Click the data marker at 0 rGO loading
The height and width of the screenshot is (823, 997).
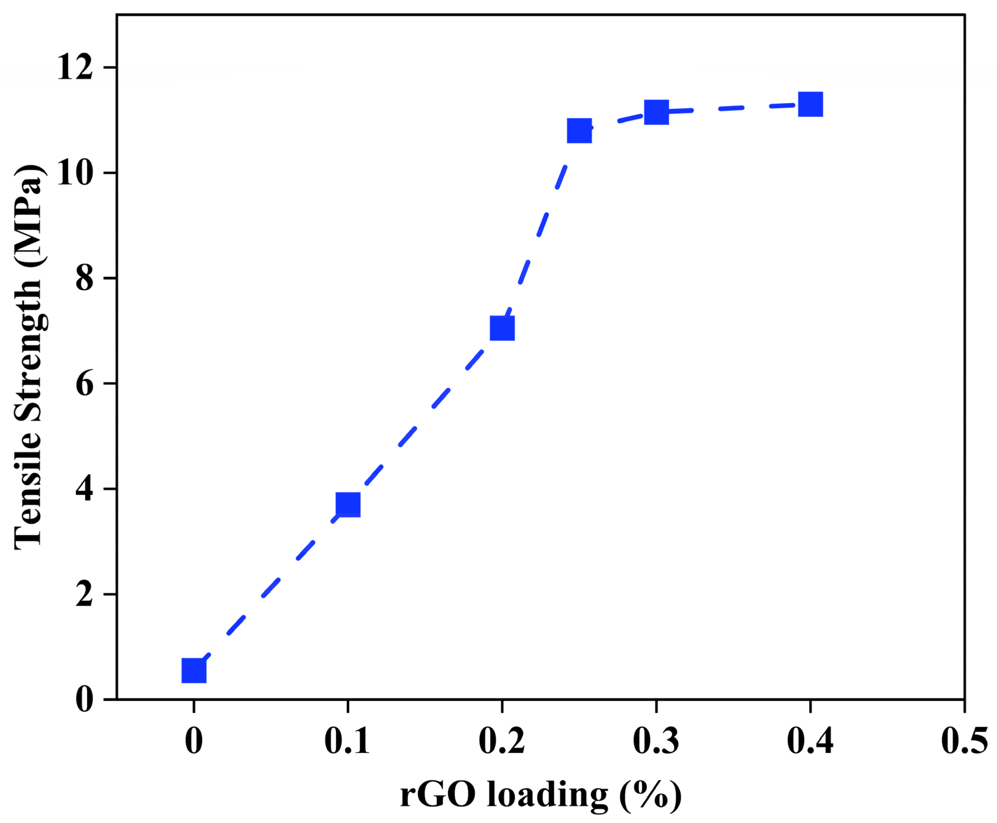[x=194, y=670]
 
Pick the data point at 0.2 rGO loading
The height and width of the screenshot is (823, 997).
[x=502, y=329]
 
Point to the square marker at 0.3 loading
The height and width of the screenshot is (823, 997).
[x=656, y=112]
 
